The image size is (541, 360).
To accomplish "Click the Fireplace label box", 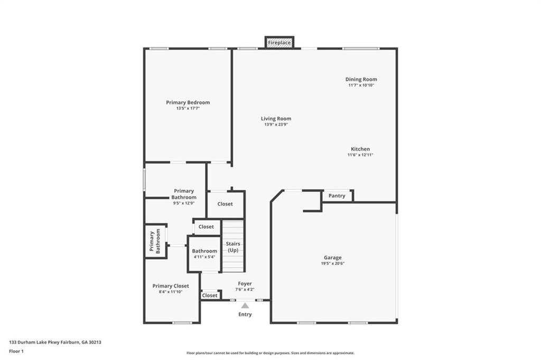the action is click(279, 42).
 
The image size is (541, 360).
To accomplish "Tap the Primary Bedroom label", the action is click(188, 103).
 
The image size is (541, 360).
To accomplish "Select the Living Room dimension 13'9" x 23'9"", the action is click(276, 125).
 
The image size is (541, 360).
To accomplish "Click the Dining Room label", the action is click(361, 79).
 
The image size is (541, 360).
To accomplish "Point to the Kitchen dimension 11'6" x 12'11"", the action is click(360, 155).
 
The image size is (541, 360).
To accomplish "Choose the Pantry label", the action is click(337, 196).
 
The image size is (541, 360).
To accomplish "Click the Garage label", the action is click(333, 257).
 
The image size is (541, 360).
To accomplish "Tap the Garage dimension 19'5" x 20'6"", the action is click(333, 263).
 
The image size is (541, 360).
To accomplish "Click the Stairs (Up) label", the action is click(233, 247).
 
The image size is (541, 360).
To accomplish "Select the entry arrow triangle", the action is click(245, 306).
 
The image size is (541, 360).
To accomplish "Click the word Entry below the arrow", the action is click(245, 315).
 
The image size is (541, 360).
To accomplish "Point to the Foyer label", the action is click(245, 284).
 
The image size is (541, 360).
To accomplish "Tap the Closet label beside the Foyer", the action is click(210, 296).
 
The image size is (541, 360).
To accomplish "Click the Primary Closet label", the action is click(171, 286).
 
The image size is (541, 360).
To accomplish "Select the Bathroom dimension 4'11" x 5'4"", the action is click(204, 257).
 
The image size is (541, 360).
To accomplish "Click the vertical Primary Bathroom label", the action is click(155, 241).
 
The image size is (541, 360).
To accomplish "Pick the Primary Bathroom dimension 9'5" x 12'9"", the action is click(184, 204).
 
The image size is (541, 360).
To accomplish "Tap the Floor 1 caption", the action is click(16, 352).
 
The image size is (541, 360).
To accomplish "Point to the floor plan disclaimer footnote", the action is click(270, 353).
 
